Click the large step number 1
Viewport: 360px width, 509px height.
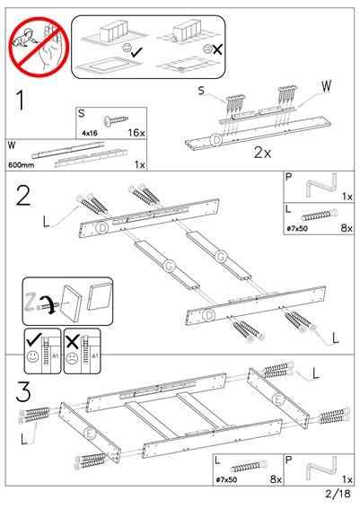click(x=21, y=101)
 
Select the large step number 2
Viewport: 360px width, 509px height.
click(x=23, y=195)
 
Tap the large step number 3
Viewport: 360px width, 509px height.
click(x=23, y=391)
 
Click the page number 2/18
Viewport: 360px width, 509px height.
click(x=338, y=494)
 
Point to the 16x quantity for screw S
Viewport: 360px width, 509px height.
click(x=136, y=133)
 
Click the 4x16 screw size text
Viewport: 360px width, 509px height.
click(x=90, y=133)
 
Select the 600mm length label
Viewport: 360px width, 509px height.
click(x=22, y=165)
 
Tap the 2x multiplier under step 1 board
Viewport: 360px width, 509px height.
click(x=262, y=153)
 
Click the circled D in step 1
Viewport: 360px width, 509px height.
click(x=215, y=140)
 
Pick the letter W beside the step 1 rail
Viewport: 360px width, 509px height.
click(x=326, y=85)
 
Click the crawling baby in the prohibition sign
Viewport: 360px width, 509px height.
click(x=24, y=39)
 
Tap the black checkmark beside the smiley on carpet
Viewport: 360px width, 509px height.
click(x=136, y=52)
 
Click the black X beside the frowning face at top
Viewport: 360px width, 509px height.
click(x=217, y=49)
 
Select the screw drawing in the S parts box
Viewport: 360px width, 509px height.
click(x=116, y=120)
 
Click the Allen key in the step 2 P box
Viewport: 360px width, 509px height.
click(x=321, y=186)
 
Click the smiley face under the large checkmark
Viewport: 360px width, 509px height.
click(x=33, y=356)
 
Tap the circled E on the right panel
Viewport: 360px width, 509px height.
click(x=278, y=399)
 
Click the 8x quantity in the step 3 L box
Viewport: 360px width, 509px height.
click(x=276, y=479)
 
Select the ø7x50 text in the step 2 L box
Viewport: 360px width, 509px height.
click(x=297, y=229)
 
